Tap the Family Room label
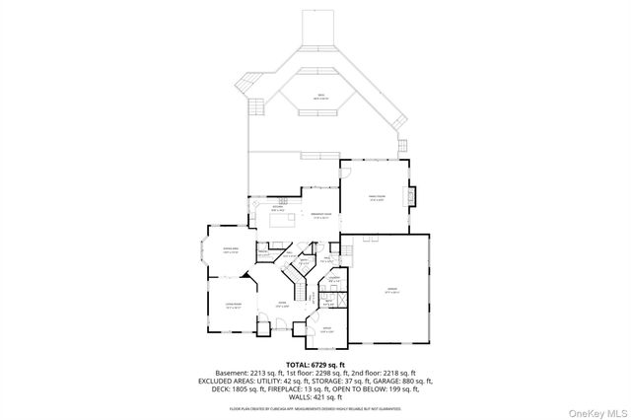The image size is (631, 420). pyautogui.click(x=376, y=197)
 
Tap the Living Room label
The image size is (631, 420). pyautogui.click(x=233, y=307)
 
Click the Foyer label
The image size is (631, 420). pyautogui.click(x=282, y=305)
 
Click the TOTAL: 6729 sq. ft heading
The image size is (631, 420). pyautogui.click(x=315, y=364)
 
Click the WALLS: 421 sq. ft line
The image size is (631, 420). pyautogui.click(x=315, y=396)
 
